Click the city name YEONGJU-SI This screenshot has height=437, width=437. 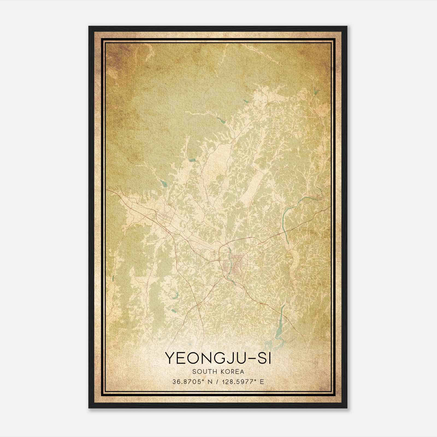[x=218, y=358]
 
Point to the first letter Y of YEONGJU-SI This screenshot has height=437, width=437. [x=170, y=358]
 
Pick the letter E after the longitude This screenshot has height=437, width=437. [x=262, y=382]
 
